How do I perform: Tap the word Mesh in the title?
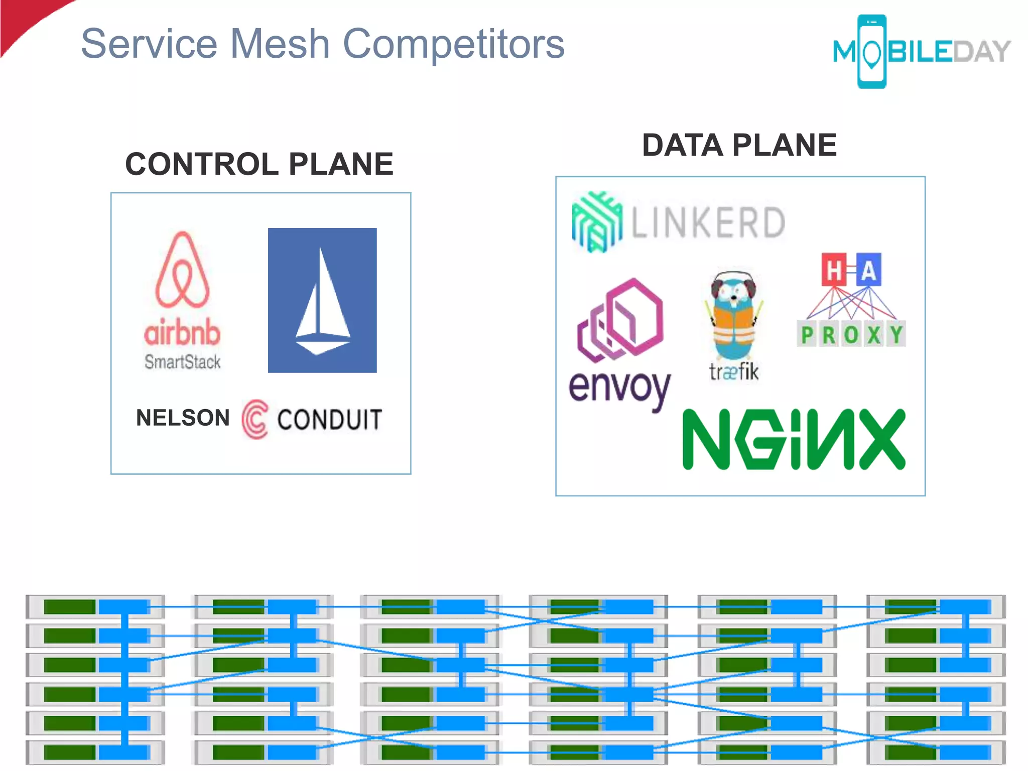[280, 44]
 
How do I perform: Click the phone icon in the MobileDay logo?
[872, 52]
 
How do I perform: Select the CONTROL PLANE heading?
[259, 164]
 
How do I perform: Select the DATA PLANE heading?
[739, 146]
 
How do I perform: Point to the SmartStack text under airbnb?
[182, 361]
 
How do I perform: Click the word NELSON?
[183, 418]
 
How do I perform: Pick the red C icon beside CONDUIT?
[255, 419]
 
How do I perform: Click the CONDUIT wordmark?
[330, 420]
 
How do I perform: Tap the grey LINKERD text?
[708, 222]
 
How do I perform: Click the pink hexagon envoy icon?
[621, 320]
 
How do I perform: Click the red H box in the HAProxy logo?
[834, 270]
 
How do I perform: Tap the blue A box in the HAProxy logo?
[868, 270]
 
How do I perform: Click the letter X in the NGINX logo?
[882, 439]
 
